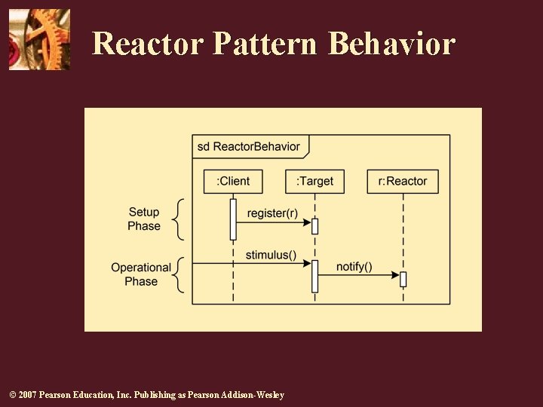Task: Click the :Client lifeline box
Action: click(233, 182)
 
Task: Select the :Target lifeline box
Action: click(314, 182)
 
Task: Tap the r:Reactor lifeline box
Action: click(403, 182)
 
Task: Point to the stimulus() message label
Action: click(271, 255)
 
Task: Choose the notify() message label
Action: click(354, 267)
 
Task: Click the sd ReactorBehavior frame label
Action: click(249, 146)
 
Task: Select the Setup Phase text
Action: click(144, 219)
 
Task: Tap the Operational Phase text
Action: click(141, 274)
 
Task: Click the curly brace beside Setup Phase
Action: click(177, 219)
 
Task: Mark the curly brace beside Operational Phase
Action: click(177, 275)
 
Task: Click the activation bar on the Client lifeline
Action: click(233, 219)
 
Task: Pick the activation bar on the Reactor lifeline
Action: click(403, 279)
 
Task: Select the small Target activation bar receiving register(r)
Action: click(314, 226)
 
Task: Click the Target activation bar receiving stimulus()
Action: click(314, 276)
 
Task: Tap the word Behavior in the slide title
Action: click(392, 44)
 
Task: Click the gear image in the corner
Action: click(39, 39)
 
